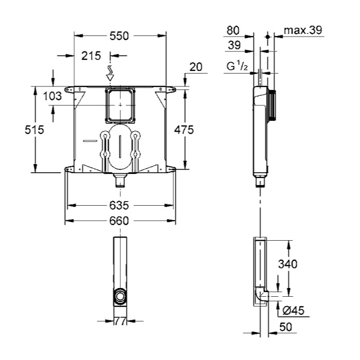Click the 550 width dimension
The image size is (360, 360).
(119, 36)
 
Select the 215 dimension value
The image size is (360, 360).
(91, 56)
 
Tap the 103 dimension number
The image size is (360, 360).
(52, 96)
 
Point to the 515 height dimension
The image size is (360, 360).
(34, 130)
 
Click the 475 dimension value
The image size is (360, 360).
(184, 130)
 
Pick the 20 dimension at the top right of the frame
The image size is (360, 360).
(196, 67)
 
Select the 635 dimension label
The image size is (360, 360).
(119, 205)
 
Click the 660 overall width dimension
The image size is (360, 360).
(119, 221)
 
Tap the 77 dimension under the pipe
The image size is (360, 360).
(120, 321)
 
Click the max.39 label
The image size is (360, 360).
(303, 30)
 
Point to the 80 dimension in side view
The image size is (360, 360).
(233, 30)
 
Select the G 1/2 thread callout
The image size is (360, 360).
(238, 66)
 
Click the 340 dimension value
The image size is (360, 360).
(287, 264)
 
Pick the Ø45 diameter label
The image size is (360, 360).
(294, 311)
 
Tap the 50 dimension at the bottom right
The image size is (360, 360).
(286, 327)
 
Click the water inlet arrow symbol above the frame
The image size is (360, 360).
(110, 73)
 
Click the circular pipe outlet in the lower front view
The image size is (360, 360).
(120, 296)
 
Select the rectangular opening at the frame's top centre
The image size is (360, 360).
(120, 105)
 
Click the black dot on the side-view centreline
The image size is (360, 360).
(267, 37)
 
